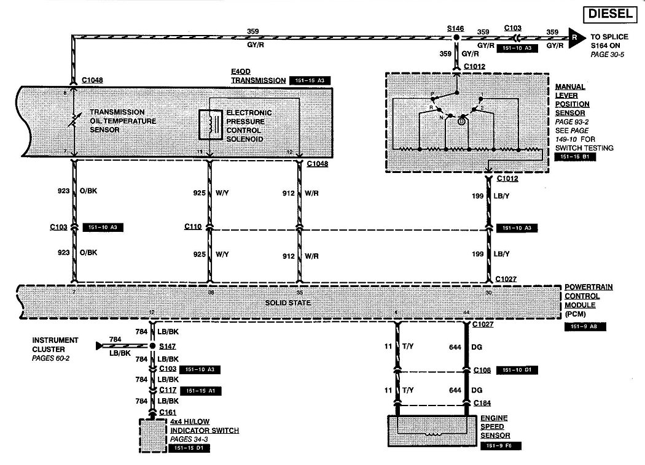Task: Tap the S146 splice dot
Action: (x=456, y=38)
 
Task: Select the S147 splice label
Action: (x=167, y=346)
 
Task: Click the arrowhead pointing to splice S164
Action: (x=574, y=38)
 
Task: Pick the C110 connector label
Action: (x=192, y=226)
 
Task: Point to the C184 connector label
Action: (x=483, y=403)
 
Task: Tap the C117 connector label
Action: (x=168, y=390)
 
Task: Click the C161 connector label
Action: (x=167, y=412)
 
